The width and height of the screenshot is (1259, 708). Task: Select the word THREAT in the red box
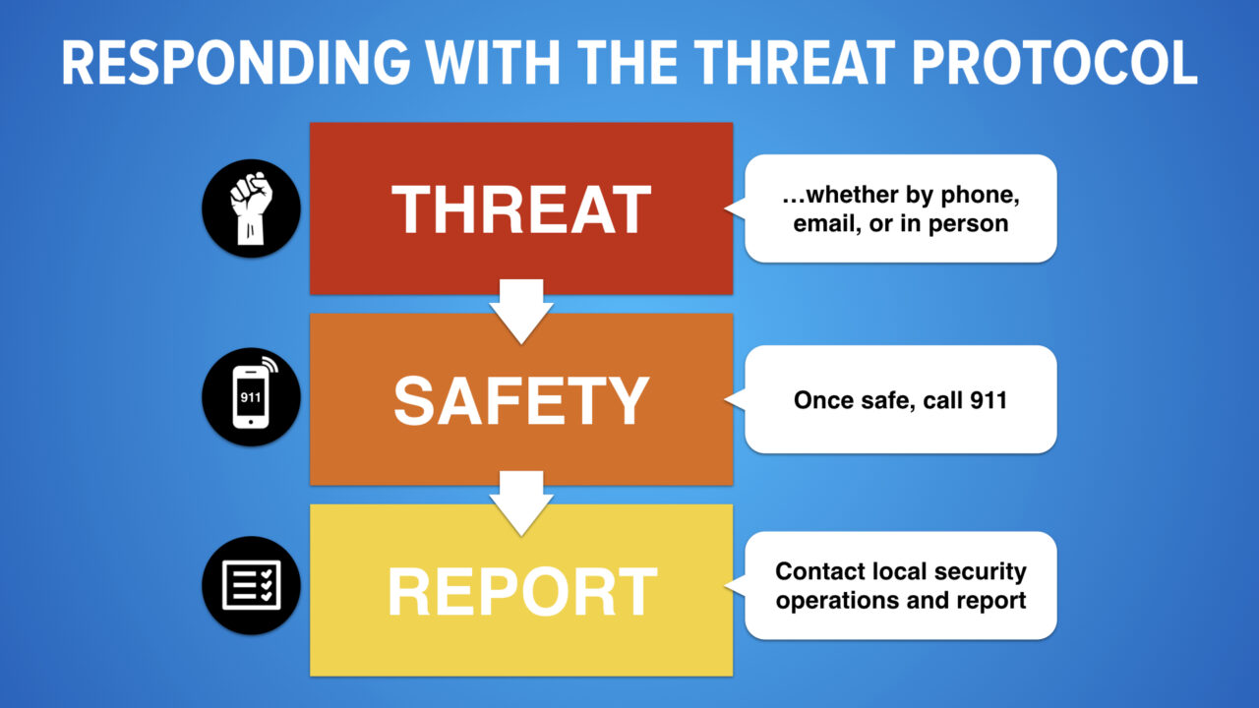pyautogui.click(x=521, y=209)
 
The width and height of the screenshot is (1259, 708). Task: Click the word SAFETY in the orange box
pyautogui.click(x=521, y=400)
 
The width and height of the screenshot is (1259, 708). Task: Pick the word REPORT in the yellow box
pyautogui.click(x=521, y=591)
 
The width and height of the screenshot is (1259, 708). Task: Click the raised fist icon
pyautogui.click(x=251, y=208)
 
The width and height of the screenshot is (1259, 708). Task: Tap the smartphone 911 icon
pyautogui.click(x=251, y=398)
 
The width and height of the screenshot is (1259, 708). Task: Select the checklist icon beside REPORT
pyautogui.click(x=251, y=585)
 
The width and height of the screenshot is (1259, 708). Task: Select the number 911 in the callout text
pyautogui.click(x=988, y=400)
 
